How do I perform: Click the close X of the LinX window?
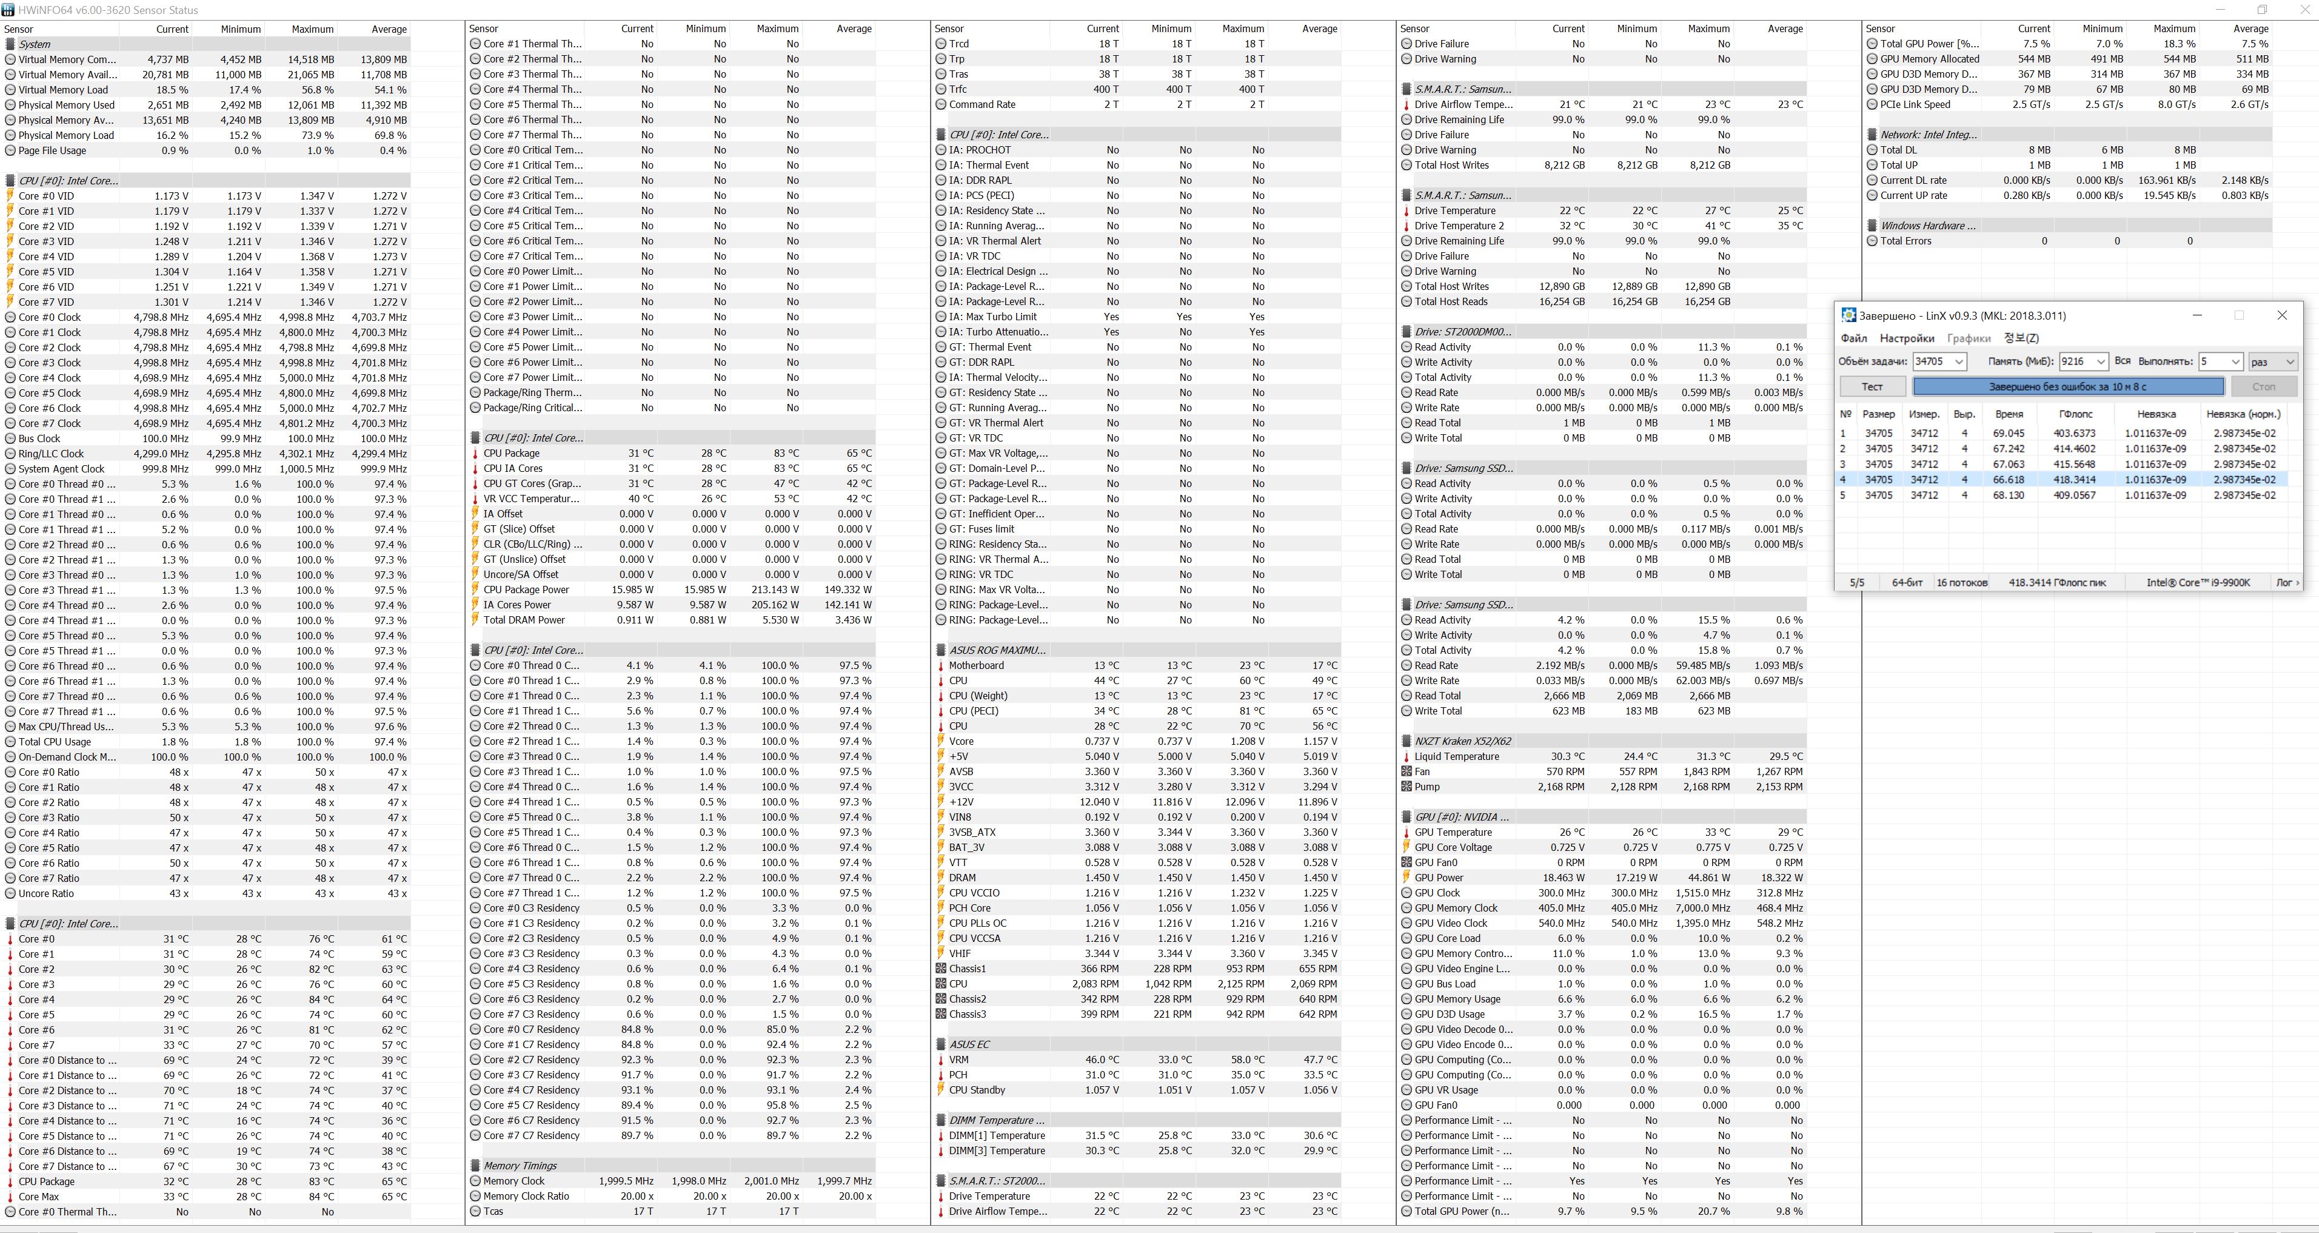2281,315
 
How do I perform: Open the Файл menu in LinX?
1853,338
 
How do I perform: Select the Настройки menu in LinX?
1907,338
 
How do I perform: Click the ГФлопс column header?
2075,414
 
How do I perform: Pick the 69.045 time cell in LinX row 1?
2009,433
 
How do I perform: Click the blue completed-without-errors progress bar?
2068,386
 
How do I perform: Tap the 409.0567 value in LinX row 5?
2074,496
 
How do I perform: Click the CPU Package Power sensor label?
526,590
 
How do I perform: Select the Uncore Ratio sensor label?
46,893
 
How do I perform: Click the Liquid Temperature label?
1457,756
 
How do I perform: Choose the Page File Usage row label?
52,150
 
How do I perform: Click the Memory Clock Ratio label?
526,1196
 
